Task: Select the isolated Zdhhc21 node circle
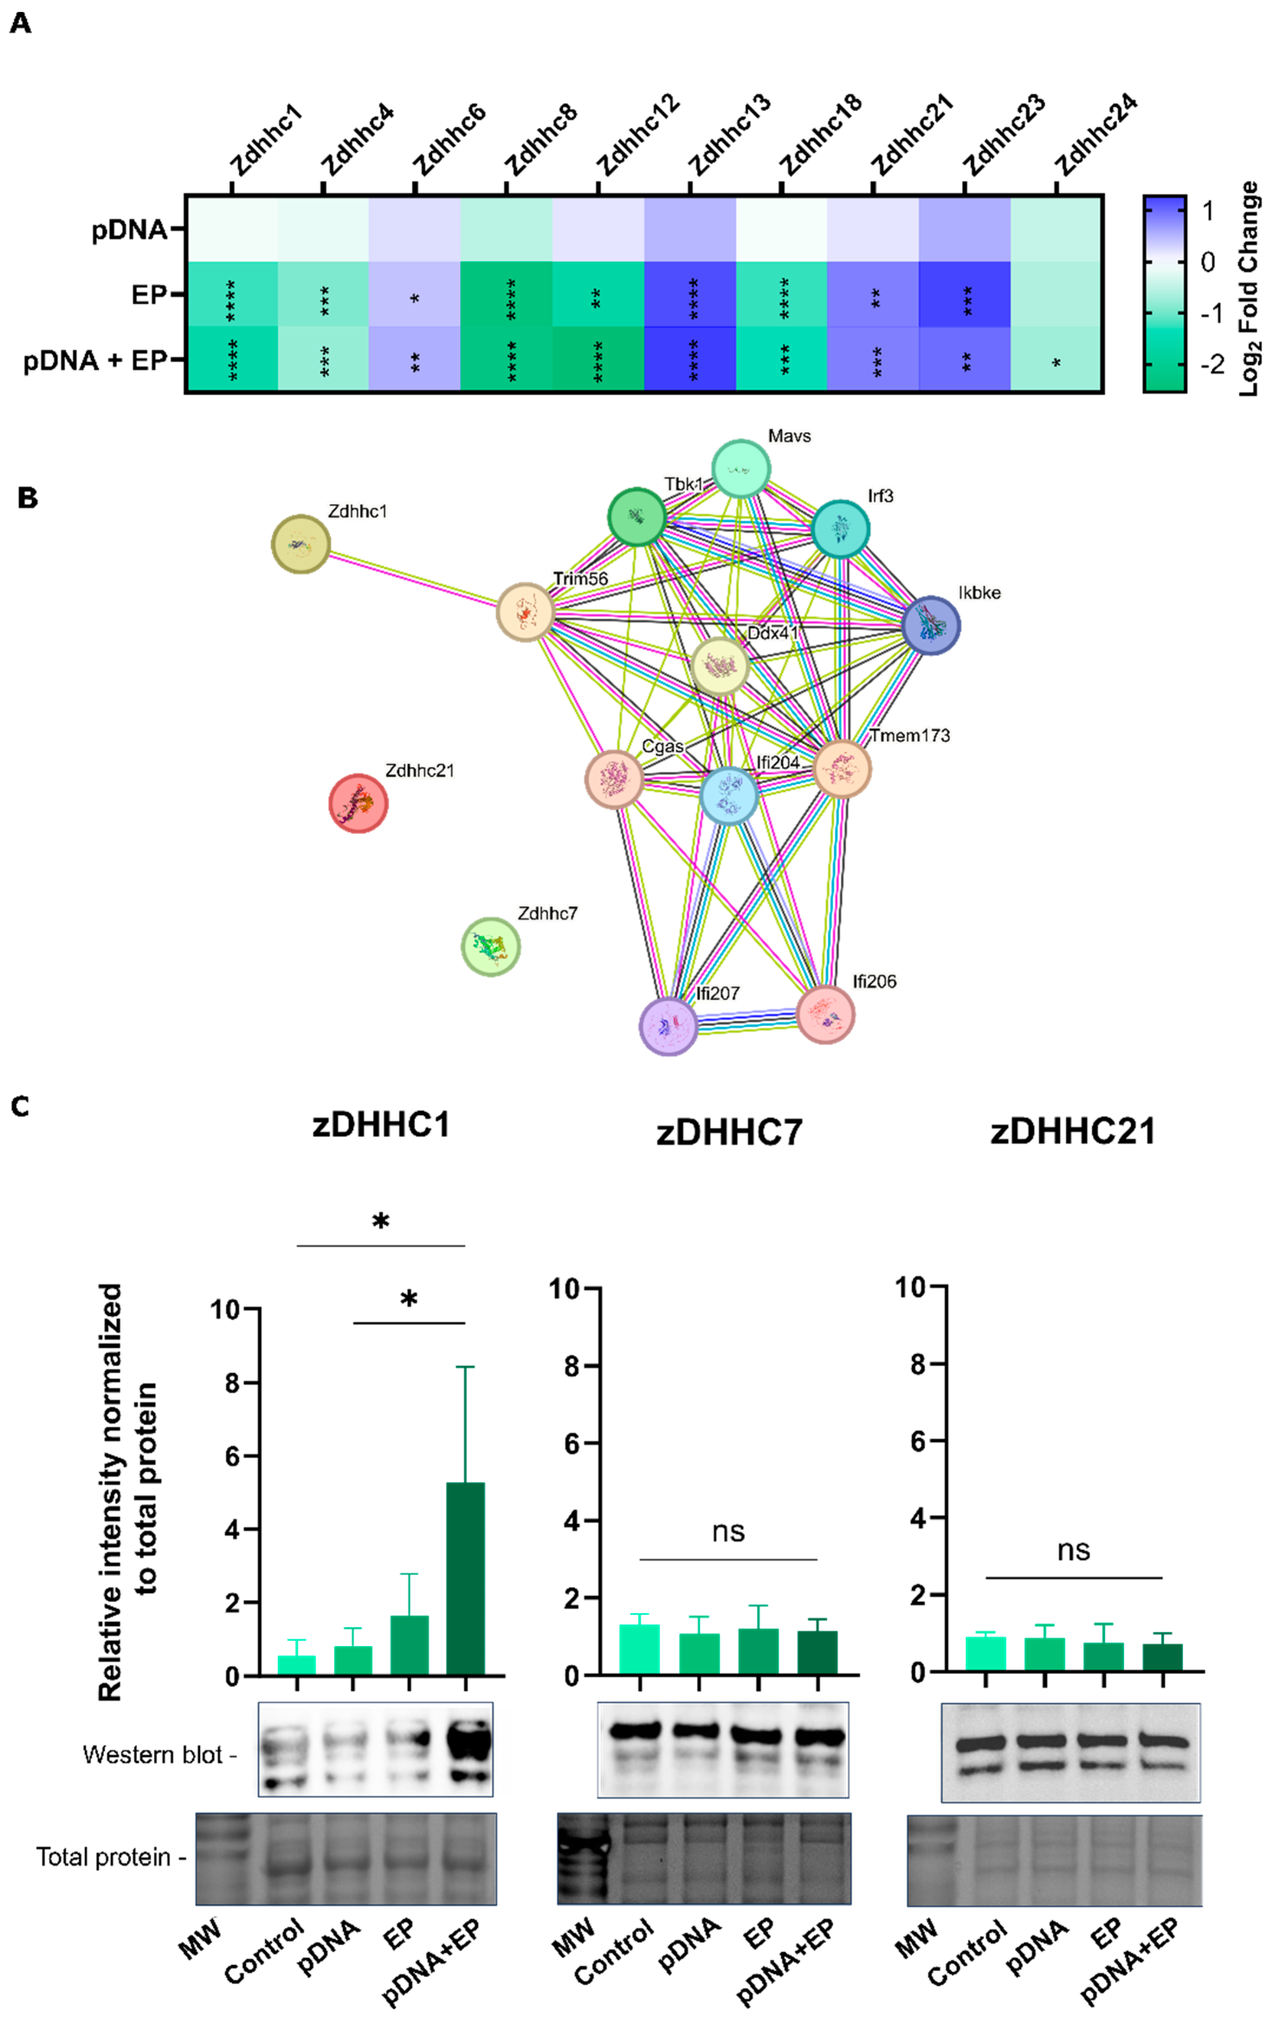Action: [x=358, y=803]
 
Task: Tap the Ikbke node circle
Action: [x=930, y=625]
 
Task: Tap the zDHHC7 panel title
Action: [x=728, y=1132]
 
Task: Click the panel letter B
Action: [x=28, y=498]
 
